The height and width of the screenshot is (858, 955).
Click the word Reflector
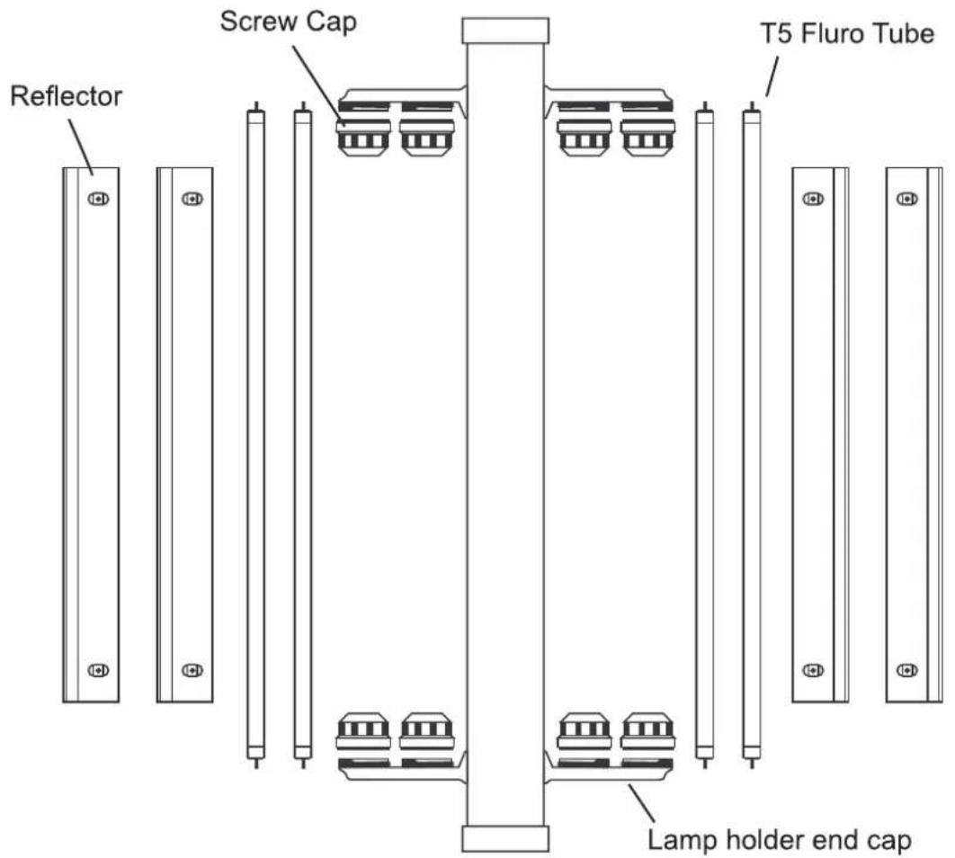[x=67, y=96]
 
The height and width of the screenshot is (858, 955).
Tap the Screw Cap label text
[x=288, y=22]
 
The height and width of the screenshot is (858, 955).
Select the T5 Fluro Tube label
[x=847, y=33]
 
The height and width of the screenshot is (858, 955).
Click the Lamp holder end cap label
[x=779, y=840]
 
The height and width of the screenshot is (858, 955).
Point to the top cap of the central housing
[x=504, y=31]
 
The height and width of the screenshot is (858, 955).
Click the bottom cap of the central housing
[x=504, y=838]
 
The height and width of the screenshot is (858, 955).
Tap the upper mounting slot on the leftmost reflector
[x=98, y=199]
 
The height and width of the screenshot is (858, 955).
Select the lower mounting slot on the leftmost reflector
[x=98, y=670]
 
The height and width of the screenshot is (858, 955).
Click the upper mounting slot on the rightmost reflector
[x=906, y=199]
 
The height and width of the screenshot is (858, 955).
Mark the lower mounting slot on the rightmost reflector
[x=906, y=670]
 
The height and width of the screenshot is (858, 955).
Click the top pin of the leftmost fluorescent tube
[x=256, y=106]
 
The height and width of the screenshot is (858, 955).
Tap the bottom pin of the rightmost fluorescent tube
[x=752, y=763]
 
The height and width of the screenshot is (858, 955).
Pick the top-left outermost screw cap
[x=363, y=137]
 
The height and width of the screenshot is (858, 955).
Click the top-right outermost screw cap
[x=647, y=137]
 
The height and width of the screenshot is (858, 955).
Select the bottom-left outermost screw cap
[x=363, y=731]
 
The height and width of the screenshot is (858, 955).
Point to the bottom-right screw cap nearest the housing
[x=585, y=731]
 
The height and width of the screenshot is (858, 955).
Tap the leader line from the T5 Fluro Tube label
[x=772, y=76]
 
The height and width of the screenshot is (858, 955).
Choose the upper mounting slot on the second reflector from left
[x=192, y=199]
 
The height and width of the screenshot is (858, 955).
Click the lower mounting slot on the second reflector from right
[x=813, y=670]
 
